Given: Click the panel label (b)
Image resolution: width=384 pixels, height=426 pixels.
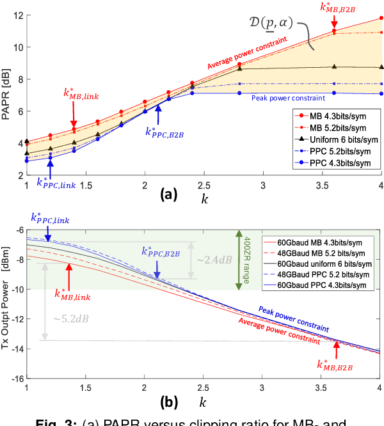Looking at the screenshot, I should pos(165,404).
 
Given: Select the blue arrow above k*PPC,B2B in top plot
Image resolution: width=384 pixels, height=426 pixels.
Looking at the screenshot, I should pos(158,114).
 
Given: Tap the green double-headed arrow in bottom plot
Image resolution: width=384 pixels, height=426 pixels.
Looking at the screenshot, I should pos(239,260).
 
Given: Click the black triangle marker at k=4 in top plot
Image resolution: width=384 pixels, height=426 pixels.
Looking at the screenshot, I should pos(382,67).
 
